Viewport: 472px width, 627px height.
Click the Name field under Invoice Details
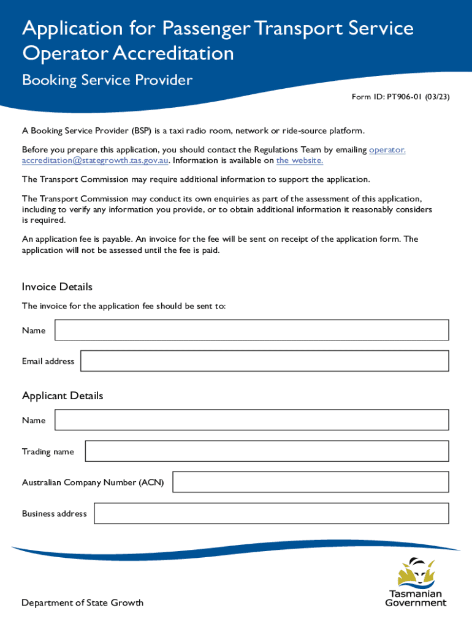point(251,330)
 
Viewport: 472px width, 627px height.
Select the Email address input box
point(264,361)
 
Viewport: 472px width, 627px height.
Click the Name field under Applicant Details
point(251,420)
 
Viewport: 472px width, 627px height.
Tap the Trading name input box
point(267,451)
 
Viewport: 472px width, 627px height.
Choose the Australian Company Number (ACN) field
point(310,482)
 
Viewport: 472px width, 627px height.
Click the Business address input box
point(271,513)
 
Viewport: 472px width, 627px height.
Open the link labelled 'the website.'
point(299,160)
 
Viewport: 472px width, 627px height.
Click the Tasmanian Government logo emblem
point(416,573)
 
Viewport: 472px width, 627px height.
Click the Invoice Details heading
point(57,287)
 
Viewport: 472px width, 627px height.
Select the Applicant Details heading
point(63,396)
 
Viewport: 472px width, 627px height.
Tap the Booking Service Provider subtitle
point(107,80)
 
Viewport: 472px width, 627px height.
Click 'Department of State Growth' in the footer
point(83,603)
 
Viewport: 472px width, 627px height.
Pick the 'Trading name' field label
point(48,452)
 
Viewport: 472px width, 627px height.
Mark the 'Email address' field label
point(48,361)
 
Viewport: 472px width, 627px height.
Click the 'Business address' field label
point(55,514)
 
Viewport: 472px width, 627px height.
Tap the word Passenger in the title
point(205,28)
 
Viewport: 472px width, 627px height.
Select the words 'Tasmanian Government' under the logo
point(416,598)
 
